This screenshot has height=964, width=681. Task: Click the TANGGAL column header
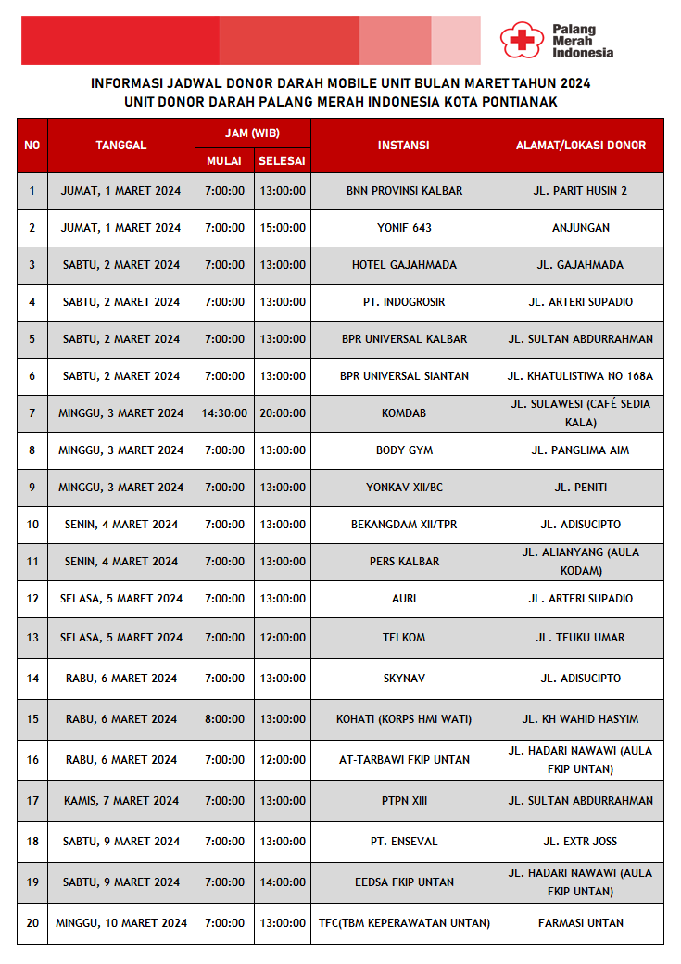[120, 146]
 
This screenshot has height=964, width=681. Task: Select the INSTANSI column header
[404, 146]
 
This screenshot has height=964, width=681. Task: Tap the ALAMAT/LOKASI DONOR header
[580, 146]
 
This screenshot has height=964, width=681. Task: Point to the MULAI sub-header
[224, 161]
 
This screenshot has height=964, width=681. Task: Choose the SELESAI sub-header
[282, 161]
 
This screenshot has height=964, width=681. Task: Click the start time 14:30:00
[224, 413]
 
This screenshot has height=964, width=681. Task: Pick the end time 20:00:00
[282, 413]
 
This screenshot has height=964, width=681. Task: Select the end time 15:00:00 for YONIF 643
[282, 228]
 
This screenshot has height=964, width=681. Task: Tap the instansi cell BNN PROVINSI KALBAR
[404, 191]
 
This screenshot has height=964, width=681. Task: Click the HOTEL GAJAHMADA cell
[404, 265]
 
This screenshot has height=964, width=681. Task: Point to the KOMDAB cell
[404, 413]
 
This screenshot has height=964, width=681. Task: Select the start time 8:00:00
[224, 719]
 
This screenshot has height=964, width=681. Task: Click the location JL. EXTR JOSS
[580, 842]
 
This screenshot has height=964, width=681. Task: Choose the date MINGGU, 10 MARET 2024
[121, 923]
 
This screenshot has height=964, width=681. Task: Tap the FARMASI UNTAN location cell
[580, 923]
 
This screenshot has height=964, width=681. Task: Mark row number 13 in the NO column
[32, 638]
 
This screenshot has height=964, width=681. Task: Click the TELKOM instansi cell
[404, 638]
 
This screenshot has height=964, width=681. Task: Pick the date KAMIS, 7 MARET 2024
[121, 801]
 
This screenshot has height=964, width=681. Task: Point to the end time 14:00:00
[282, 882]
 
